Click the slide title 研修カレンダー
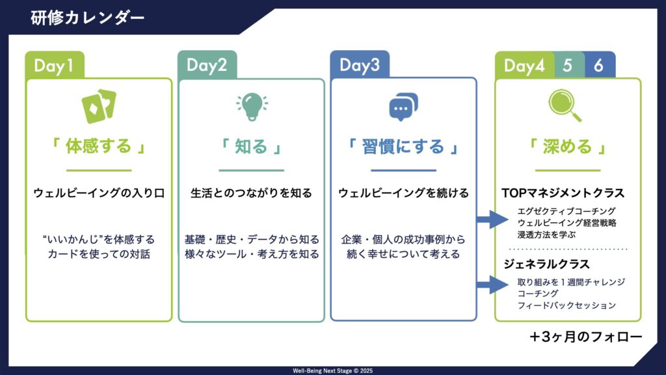pos(88,18)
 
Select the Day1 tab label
pos(54,66)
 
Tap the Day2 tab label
pos(207,66)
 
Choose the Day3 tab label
pos(359,65)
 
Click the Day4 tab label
pos(524,66)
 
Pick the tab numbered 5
pos(567,66)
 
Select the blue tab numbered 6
pos(598,66)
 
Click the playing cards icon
pos(99,106)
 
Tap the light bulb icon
pos(252,106)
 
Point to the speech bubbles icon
pos(403,107)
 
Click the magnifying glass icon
pos(565,105)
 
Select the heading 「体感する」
pos(99,146)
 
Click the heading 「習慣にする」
pos(403,146)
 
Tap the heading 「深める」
pos(567,146)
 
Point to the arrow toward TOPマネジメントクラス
pos(492,219)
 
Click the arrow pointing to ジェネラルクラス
pos(492,285)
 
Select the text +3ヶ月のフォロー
pos(586,337)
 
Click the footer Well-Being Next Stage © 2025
pos(332,370)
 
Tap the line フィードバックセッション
pos(566,305)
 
